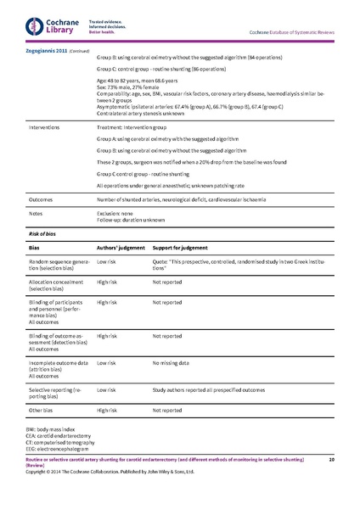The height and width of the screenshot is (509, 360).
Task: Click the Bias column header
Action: [x=35, y=248]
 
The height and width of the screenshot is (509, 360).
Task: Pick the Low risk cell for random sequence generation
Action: [x=106, y=263]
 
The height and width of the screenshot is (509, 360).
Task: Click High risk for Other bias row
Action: [x=107, y=409]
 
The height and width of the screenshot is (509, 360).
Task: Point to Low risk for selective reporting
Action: [x=106, y=389]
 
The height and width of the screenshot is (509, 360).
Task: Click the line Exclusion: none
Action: [x=120, y=214]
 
